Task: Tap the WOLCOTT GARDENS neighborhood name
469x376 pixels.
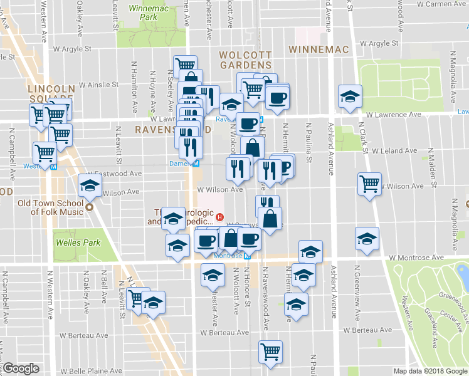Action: click(x=245, y=60)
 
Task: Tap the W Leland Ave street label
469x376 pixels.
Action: click(x=395, y=151)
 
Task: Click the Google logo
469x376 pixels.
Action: click(x=21, y=368)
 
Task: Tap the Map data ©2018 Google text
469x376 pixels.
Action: click(x=430, y=371)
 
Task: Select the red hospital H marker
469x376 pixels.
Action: click(x=219, y=217)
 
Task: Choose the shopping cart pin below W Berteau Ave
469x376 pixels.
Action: click(x=270, y=351)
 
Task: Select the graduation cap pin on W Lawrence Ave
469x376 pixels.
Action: click(x=349, y=97)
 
